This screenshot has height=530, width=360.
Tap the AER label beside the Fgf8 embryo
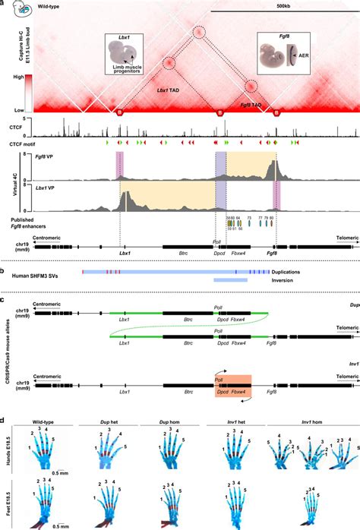point(302,55)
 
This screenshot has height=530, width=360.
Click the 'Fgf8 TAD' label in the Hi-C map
point(253,104)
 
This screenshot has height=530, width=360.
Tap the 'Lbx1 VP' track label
point(35,185)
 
